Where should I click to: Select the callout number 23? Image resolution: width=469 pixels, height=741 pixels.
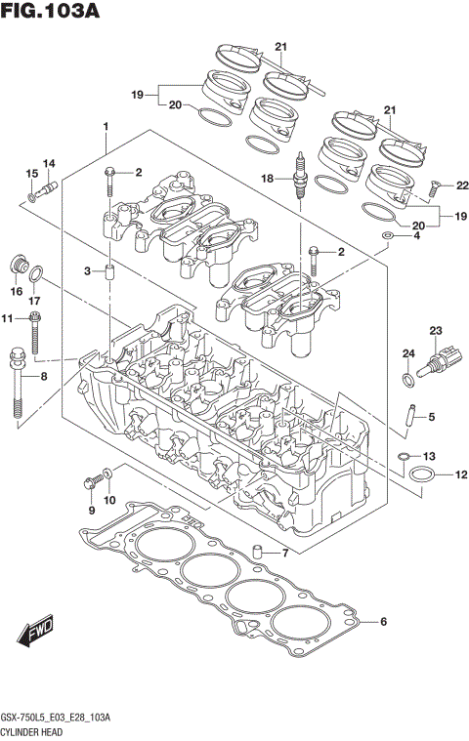pyautogui.click(x=436, y=330)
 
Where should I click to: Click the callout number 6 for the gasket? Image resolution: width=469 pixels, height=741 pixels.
pyautogui.click(x=383, y=622)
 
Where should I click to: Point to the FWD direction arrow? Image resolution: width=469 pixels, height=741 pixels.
pyautogui.click(x=38, y=635)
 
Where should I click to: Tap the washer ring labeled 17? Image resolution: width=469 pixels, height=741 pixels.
pyautogui.click(x=35, y=272)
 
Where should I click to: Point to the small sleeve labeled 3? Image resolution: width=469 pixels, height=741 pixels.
pyautogui.click(x=110, y=269)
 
